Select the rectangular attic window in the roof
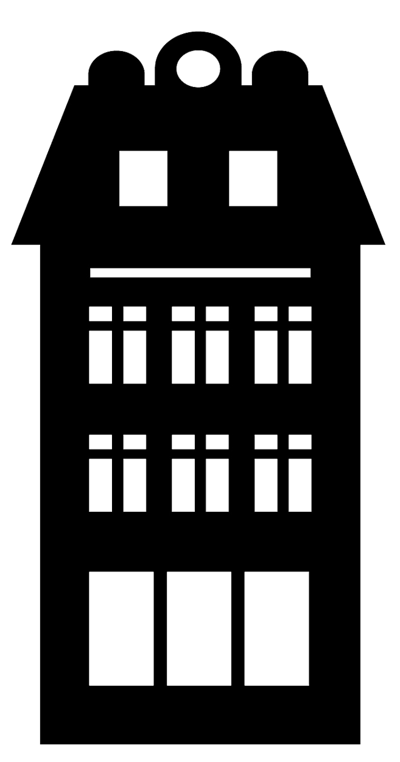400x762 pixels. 253,178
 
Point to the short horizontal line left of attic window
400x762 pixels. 143,151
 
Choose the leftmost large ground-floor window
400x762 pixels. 121,629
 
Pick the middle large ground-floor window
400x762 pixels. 199,629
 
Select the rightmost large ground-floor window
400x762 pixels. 277,629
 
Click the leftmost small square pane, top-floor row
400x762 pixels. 100,313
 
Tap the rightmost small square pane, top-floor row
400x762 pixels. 300,313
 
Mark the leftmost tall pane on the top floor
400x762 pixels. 100,357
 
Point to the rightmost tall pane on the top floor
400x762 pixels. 300,357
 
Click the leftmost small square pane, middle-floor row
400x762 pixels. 100,442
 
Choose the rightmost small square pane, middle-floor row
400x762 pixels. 300,442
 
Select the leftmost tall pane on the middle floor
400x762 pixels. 100,485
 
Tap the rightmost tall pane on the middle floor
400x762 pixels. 300,485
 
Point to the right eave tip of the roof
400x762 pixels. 384,244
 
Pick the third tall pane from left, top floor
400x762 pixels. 183,357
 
